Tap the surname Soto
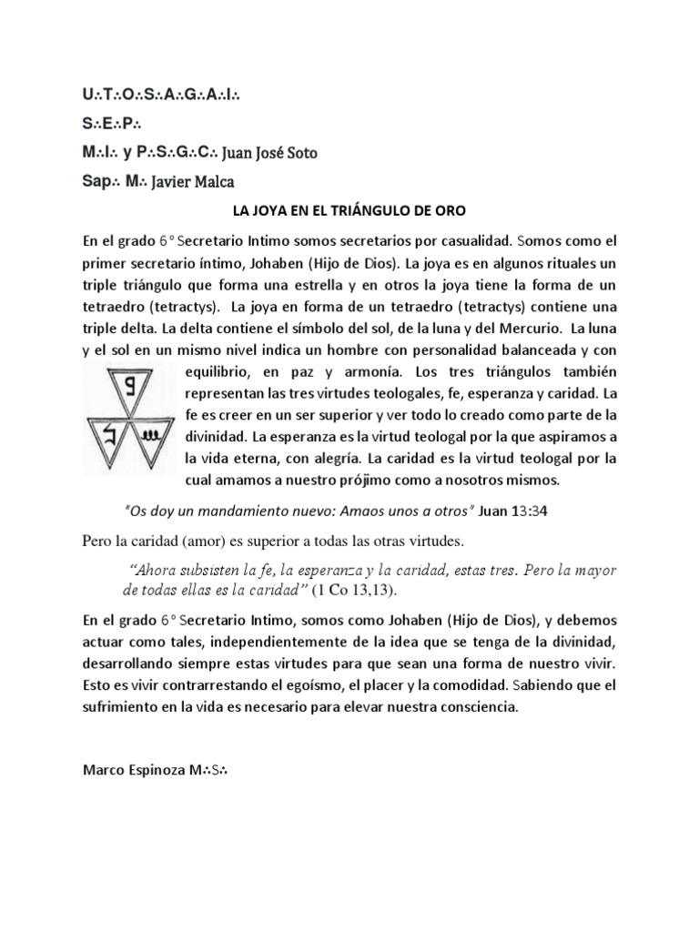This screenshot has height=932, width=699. click(x=299, y=153)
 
